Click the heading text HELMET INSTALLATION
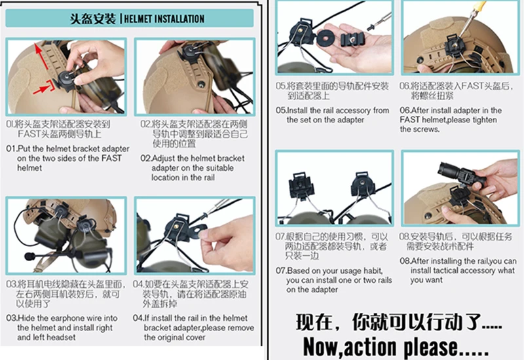click(x=164, y=19)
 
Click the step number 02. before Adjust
click(x=145, y=158)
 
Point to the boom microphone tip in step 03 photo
click(x=29, y=257)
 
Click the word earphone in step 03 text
click(x=63, y=318)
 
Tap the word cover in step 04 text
click(x=195, y=337)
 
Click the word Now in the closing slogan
click(x=321, y=347)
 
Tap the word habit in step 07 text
click(x=372, y=270)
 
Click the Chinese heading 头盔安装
click(x=93, y=19)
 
